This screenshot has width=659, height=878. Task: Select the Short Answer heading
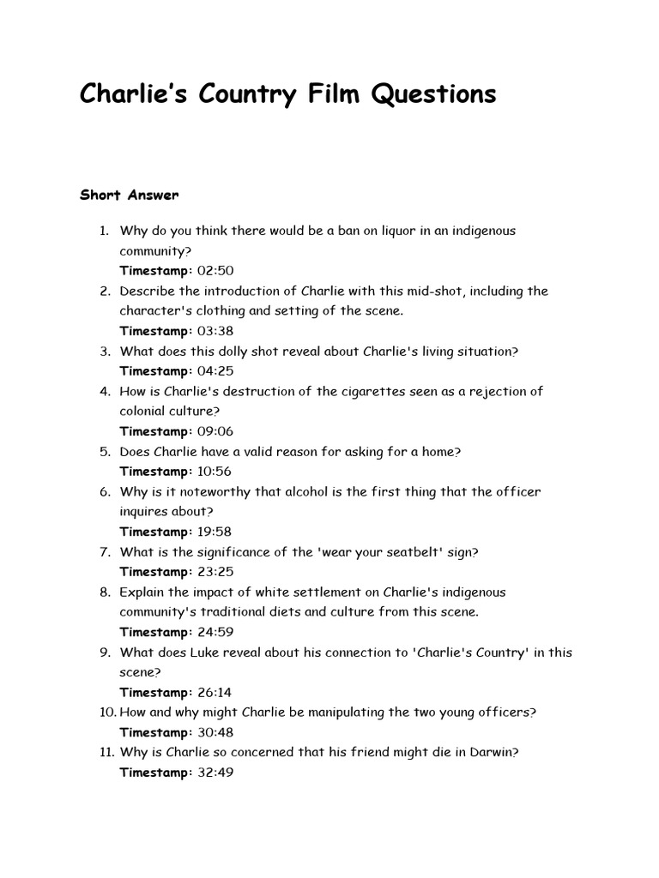[x=129, y=195]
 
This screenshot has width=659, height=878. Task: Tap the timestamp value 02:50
[x=215, y=271]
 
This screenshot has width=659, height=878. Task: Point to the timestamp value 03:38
[x=215, y=331]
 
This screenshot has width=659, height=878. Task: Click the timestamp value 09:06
[x=215, y=431]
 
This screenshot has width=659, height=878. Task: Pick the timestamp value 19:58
[x=215, y=532]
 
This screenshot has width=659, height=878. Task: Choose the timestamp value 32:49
[x=215, y=773]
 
